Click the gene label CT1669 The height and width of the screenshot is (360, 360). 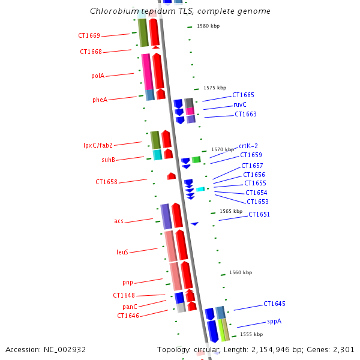[x=89, y=36]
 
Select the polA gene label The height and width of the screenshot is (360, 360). [x=98, y=76]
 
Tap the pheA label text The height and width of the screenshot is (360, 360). [x=100, y=100]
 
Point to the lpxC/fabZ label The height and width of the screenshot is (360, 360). [x=98, y=145]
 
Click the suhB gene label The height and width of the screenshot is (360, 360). [x=108, y=160]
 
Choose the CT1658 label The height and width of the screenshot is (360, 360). [x=106, y=182]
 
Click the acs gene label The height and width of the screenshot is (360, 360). [x=119, y=221]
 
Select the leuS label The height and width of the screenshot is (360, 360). [x=122, y=253]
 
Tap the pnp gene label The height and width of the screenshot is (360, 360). [x=128, y=283]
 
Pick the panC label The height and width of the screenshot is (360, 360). [x=130, y=307]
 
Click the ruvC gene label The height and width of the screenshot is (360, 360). [x=239, y=104]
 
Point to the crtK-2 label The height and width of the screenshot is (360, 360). [x=248, y=146]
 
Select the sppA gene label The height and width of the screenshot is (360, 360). [x=274, y=322]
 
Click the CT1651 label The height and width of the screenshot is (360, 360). [x=259, y=215]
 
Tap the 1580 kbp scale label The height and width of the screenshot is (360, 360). [x=208, y=26]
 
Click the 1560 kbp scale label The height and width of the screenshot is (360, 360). [x=241, y=273]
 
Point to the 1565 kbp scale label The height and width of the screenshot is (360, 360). [x=231, y=211]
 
